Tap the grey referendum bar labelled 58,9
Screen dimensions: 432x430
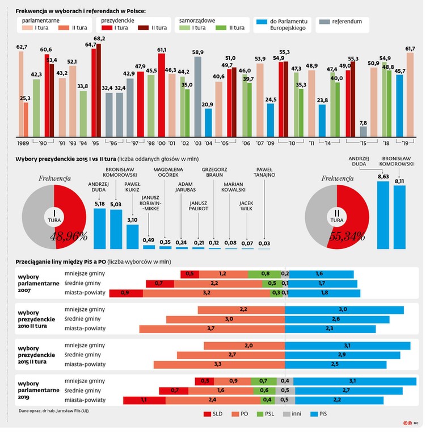[x=198, y=97]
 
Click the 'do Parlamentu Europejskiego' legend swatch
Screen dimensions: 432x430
[x=262, y=22]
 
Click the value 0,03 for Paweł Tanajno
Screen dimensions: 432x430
[x=264, y=243]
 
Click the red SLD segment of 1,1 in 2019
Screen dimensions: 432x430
[x=144, y=400]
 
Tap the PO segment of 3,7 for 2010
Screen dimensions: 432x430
[x=212, y=328]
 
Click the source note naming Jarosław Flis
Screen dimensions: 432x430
[x=54, y=410]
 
